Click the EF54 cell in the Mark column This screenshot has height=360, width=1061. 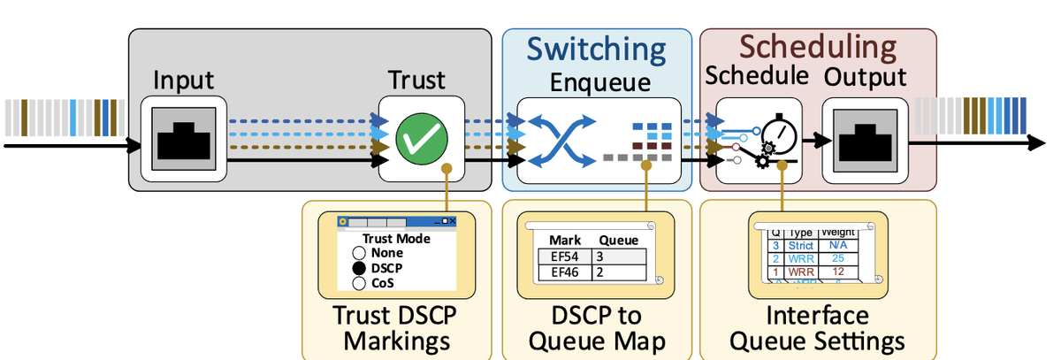[564, 256]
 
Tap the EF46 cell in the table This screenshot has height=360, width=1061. [564, 272]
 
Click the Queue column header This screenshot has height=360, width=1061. [619, 240]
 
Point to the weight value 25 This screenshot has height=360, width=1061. [838, 258]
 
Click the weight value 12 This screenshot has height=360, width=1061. [838, 272]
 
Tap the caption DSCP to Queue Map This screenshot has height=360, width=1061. [597, 328]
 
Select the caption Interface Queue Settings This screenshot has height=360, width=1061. [817, 328]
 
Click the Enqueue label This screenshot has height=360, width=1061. [599, 83]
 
